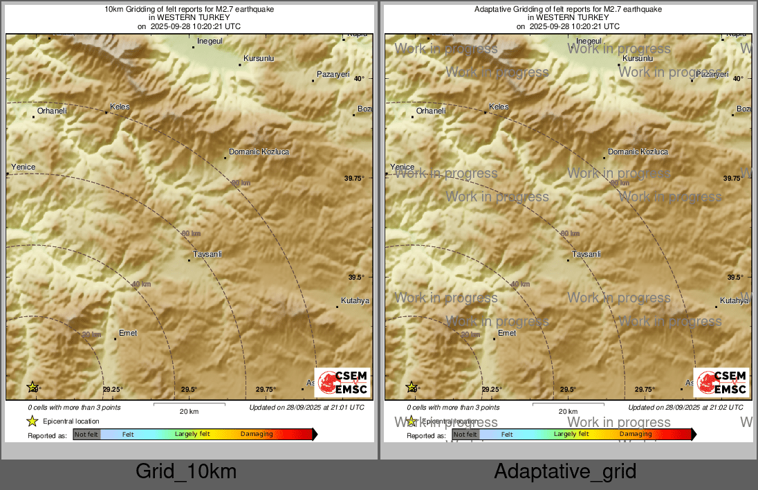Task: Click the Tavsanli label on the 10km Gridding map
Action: click(207, 255)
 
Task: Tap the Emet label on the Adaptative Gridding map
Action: click(507, 333)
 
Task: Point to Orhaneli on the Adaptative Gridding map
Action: click(431, 111)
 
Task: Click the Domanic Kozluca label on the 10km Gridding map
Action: click(259, 152)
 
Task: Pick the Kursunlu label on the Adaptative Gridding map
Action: click(638, 59)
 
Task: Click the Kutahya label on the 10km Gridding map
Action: click(355, 300)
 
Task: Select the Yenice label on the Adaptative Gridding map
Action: click(402, 167)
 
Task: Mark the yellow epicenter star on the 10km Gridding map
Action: click(32, 387)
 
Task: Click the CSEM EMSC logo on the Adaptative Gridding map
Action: click(721, 383)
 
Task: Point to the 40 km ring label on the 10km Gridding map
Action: click(141, 284)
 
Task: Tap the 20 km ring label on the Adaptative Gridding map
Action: click(470, 334)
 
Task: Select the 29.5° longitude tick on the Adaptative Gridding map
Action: click(568, 390)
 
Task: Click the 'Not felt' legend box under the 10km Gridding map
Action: click(86, 435)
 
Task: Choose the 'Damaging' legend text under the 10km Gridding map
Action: click(257, 435)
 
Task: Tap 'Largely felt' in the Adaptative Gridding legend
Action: click(571, 435)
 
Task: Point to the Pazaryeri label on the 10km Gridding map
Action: click(333, 74)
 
